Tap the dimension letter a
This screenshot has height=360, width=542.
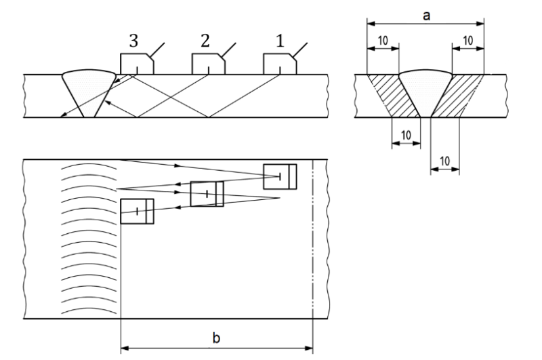(426, 14)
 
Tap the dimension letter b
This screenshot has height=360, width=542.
(215, 338)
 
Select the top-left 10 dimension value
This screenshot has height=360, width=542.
(382, 41)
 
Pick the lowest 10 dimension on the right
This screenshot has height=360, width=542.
(445, 162)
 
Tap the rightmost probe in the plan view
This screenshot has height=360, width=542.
(280, 176)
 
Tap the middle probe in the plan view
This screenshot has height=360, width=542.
(207, 194)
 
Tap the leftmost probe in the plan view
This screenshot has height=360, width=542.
(137, 211)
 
